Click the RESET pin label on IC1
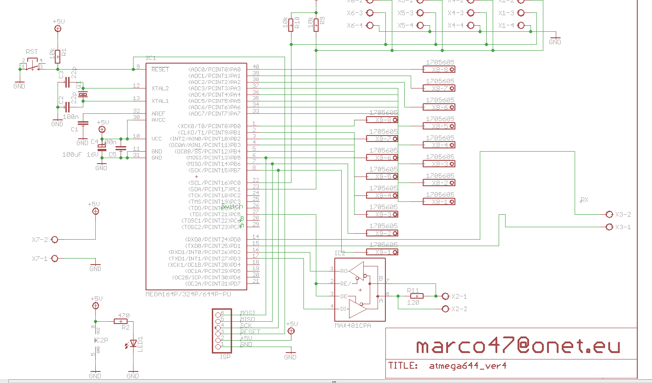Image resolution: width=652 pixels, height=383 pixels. tap(160, 70)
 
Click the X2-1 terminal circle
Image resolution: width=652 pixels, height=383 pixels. tap(445, 296)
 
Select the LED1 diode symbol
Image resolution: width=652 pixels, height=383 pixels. tap(134, 343)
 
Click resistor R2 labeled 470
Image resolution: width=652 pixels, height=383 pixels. tap(121, 322)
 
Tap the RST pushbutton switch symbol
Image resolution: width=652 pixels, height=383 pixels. tap(32, 66)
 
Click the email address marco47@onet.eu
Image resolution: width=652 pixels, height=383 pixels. tap(518, 346)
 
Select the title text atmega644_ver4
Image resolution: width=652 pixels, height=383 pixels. tap(468, 366)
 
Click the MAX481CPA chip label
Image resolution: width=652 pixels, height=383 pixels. tap(353, 325)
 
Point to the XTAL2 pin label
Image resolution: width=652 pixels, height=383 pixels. tap(160, 88)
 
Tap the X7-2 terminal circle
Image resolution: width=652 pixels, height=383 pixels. tap(55, 240)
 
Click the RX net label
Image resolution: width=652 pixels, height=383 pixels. tap(584, 200)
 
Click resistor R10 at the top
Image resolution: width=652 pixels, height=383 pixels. tap(291, 24)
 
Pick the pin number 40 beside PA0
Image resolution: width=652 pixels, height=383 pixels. tap(256, 67)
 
